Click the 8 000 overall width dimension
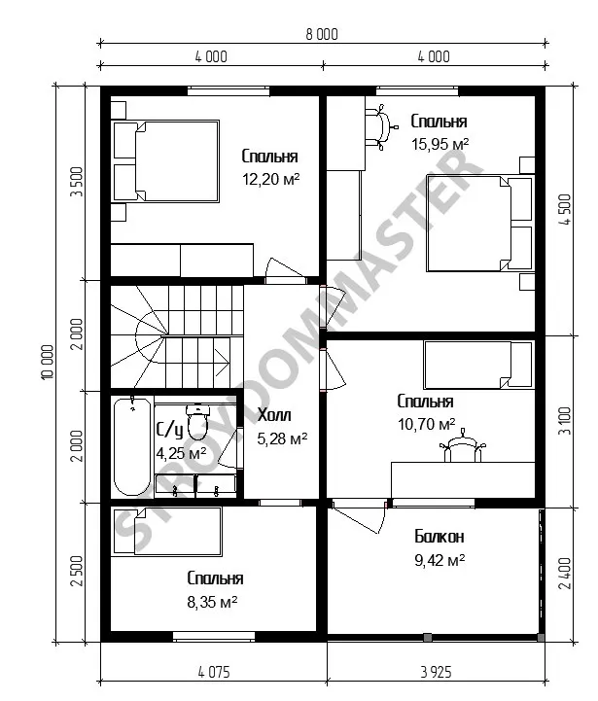pos(322,34)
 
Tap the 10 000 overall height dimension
pos(48,362)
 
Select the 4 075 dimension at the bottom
pos(213,672)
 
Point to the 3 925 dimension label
pos(436,672)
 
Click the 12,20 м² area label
pos(270,179)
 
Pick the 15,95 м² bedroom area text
pos(440,144)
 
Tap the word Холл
pos(274,415)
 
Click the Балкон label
pos(440,536)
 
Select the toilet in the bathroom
pos(196,422)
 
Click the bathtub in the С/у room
pos(132,446)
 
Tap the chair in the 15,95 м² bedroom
pos(381,127)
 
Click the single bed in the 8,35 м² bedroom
pos(166,531)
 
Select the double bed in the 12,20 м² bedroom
pos(165,160)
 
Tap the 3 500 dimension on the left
pos(77,182)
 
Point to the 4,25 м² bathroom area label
pos(181,453)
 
